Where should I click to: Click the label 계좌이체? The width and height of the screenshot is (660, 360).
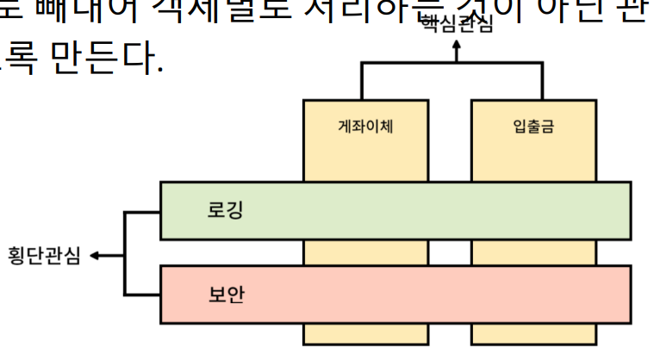point(365,127)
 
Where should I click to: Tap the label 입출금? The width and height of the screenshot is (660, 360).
point(533,127)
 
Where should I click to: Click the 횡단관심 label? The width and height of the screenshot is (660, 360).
point(44,256)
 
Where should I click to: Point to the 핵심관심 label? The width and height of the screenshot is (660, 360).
point(457,25)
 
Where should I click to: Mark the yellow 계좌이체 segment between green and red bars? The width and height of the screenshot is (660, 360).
point(365,252)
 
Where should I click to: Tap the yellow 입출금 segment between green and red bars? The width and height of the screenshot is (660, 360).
point(533,252)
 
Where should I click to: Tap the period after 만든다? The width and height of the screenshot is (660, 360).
point(159,69)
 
